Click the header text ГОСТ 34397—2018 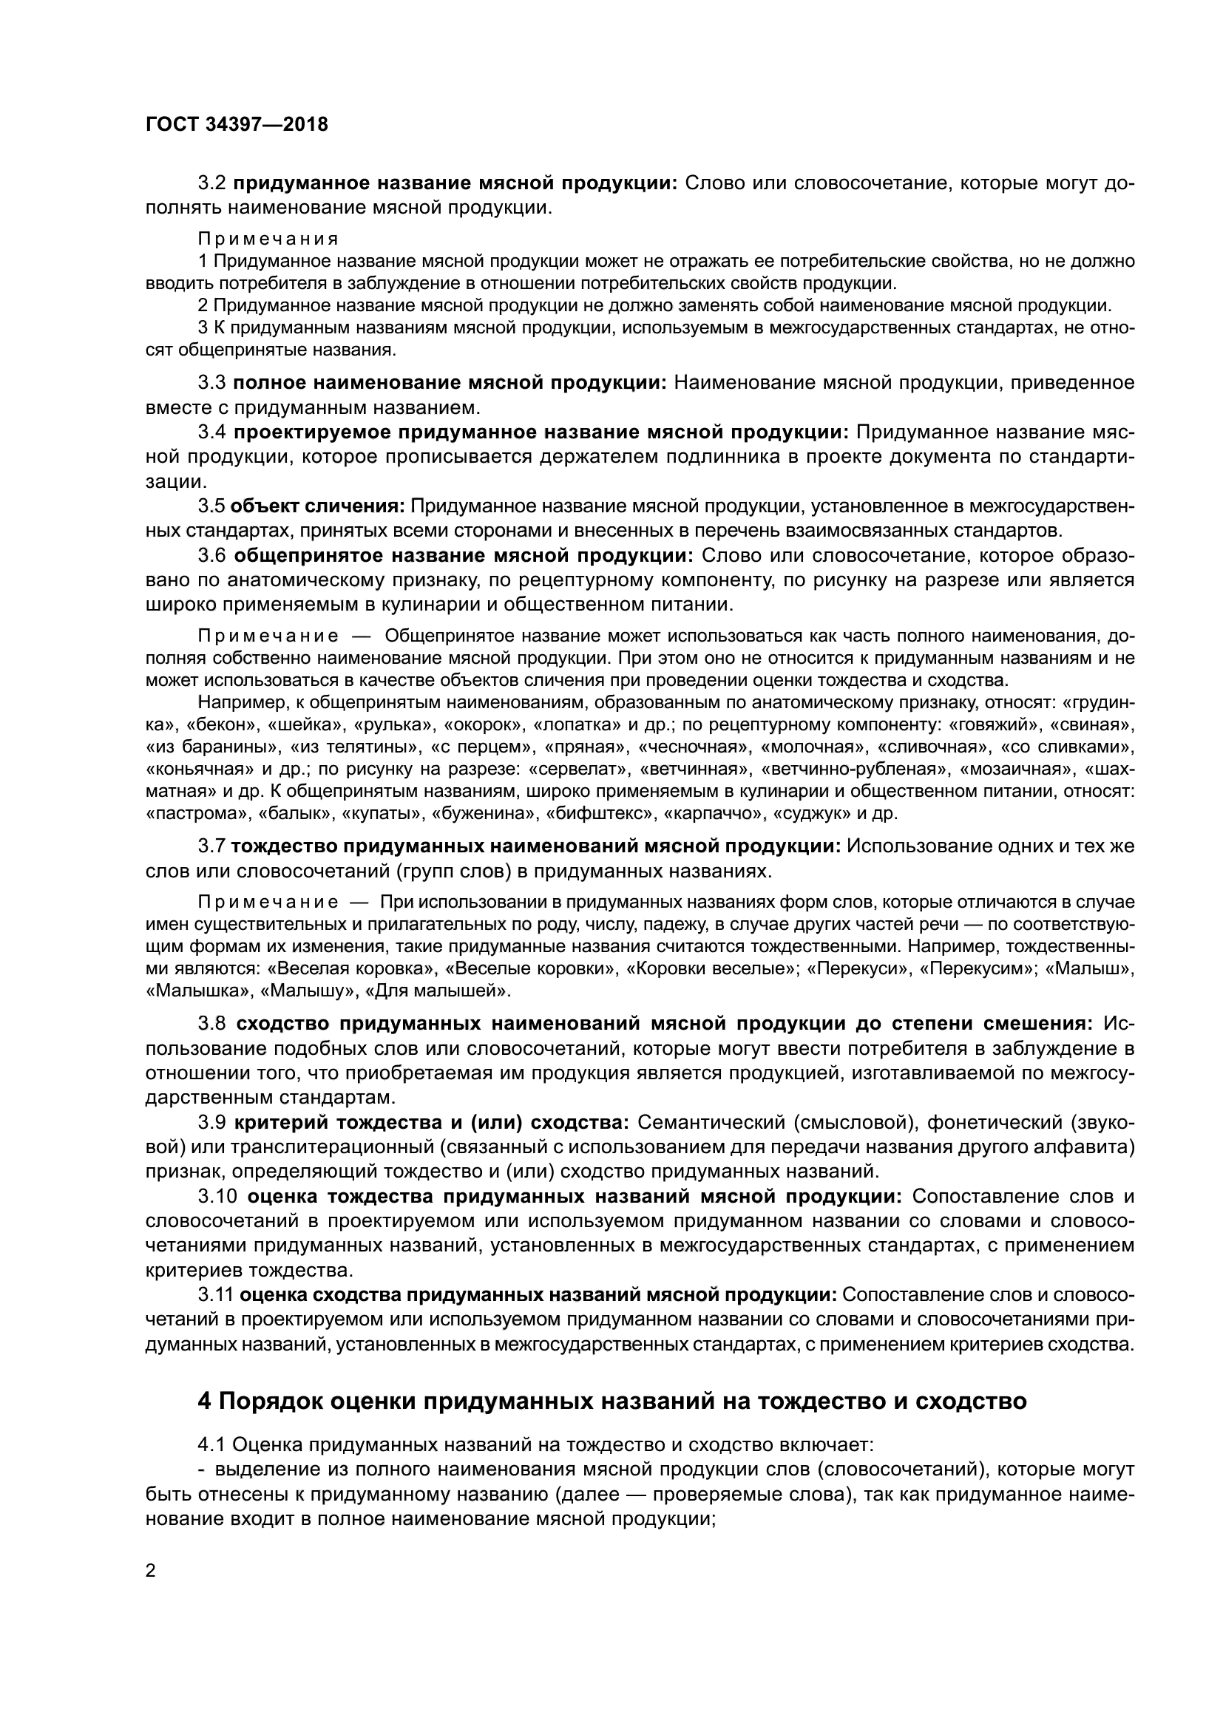tap(237, 125)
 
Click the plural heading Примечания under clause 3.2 tap(268, 239)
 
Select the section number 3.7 tap(211, 846)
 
